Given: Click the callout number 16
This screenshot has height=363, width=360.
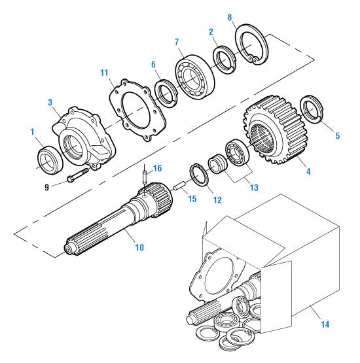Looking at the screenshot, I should (156, 168).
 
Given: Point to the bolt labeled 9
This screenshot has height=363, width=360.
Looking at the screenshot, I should (77, 176).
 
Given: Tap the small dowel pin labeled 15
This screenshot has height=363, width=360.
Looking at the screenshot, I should (178, 191).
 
